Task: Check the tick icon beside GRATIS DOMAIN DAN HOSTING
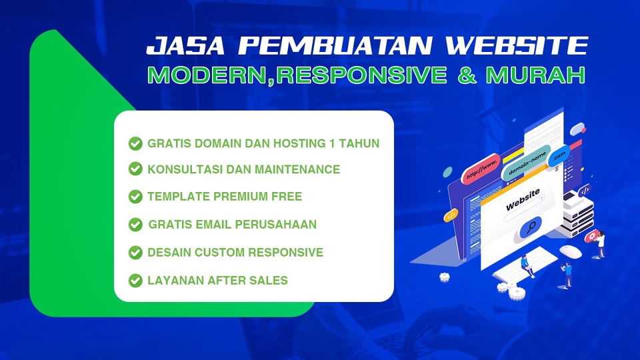[135, 143]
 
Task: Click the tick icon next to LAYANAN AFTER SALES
[135, 280]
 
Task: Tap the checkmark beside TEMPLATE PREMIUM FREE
[135, 196]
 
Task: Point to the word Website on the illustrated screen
[523, 201]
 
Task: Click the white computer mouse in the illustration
[571, 251]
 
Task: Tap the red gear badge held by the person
[592, 237]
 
